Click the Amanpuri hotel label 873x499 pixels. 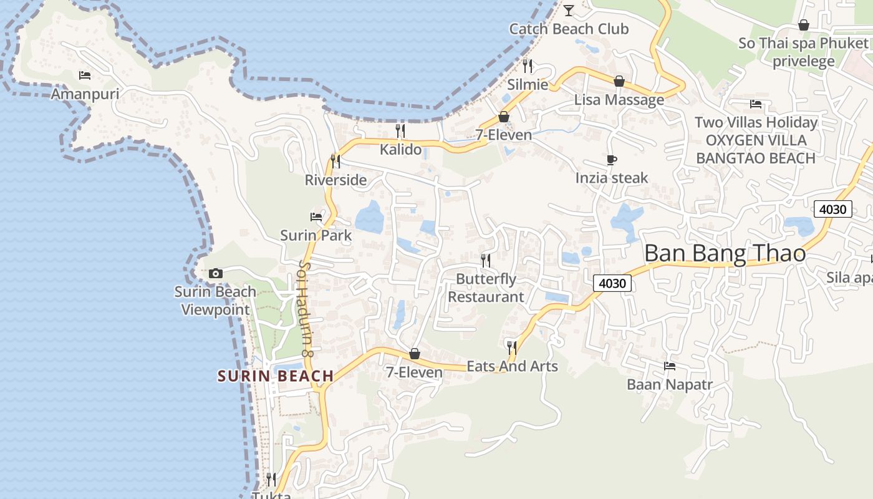point(85,94)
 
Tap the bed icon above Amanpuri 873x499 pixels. point(85,75)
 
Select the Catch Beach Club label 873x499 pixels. point(569,29)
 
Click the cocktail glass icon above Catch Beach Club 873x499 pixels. point(569,10)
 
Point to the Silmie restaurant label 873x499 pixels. point(528,85)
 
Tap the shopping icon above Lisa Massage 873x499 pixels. point(619,81)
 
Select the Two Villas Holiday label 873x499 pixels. point(756,122)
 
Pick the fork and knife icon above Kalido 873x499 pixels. point(400,131)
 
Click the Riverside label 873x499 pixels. point(335,180)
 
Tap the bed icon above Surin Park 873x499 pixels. point(316,217)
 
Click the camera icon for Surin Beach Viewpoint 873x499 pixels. point(216,273)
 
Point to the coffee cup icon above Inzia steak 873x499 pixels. point(612,160)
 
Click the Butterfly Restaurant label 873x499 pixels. point(486,288)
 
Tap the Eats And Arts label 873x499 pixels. point(512,366)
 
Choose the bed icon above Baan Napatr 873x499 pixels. point(670,366)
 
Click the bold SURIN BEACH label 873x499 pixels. point(276,376)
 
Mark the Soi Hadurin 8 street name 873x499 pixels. point(306,309)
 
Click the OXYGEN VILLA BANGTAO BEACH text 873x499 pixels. point(756,149)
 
